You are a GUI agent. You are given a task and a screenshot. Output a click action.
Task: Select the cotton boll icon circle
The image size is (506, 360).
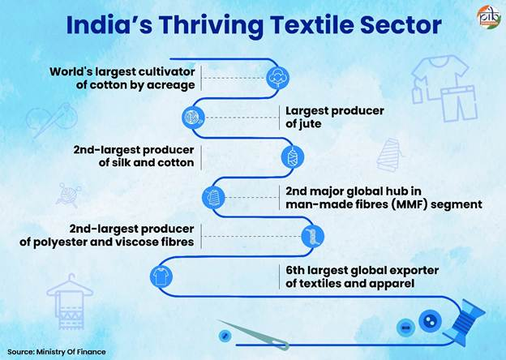(x=277, y=78)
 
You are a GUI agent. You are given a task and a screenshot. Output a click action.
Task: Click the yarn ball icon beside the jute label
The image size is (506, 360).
(x=192, y=117)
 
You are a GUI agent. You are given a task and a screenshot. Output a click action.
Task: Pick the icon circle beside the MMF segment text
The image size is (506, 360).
(x=212, y=195)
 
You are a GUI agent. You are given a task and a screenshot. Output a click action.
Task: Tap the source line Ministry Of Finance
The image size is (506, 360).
(x=72, y=352)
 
